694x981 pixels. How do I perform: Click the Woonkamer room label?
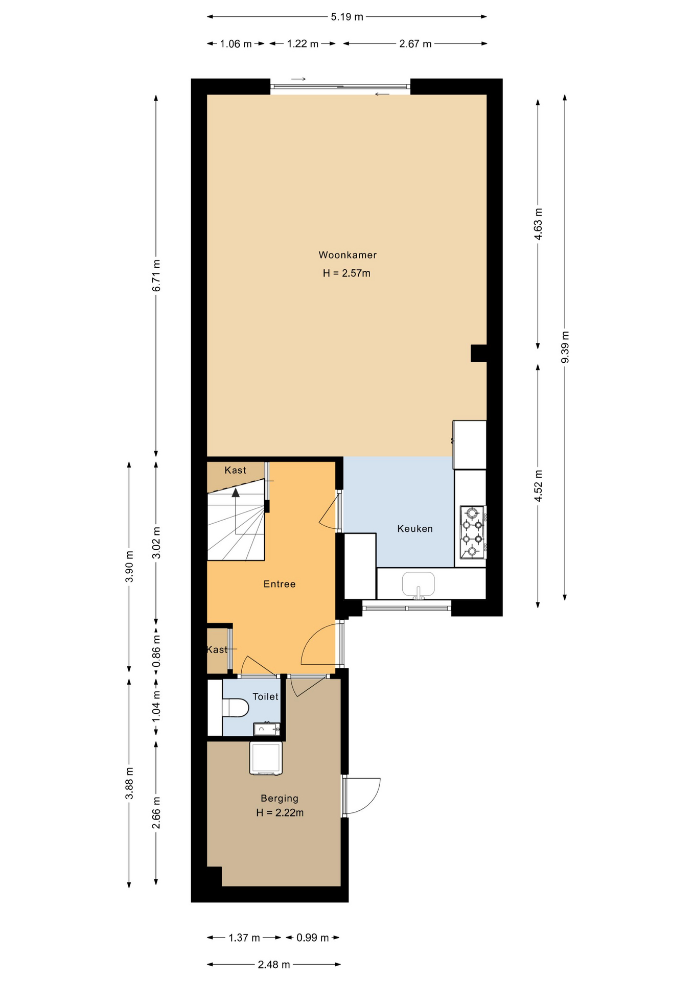(348, 255)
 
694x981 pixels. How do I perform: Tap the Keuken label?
(415, 529)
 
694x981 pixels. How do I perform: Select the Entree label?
(280, 584)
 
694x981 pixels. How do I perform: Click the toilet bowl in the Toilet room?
(236, 708)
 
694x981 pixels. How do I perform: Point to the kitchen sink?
(419, 584)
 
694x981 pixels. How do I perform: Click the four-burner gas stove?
(473, 531)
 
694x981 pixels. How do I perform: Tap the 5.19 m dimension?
(347, 17)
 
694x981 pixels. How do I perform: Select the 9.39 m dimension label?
(565, 347)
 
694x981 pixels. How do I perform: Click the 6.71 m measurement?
(156, 276)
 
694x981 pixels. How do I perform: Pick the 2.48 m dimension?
(274, 965)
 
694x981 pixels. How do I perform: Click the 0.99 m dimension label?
(313, 938)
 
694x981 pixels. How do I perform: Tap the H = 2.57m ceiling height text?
(346, 273)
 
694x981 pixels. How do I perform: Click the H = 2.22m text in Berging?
(280, 813)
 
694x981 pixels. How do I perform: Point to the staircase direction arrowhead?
(236, 493)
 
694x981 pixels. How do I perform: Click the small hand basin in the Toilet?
(267, 729)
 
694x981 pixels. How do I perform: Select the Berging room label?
(280, 799)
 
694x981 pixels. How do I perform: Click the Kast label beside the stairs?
(235, 470)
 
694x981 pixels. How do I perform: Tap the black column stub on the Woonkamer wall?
(478, 353)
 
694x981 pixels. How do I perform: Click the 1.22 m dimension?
(303, 44)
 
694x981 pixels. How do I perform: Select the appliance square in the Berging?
(266, 758)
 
